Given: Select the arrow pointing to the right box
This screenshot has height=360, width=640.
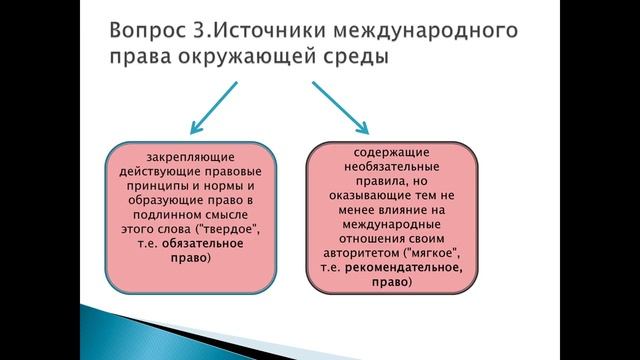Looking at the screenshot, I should click(x=340, y=107).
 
